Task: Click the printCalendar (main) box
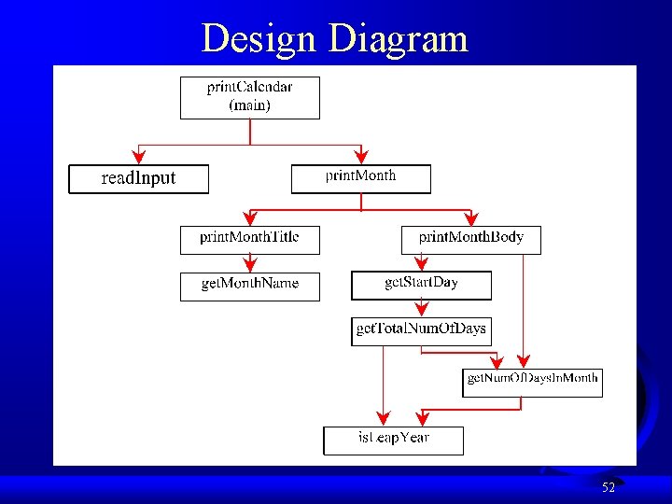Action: (x=249, y=97)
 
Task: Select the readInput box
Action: (x=138, y=178)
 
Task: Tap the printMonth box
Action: (x=361, y=178)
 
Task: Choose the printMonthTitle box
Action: (x=249, y=240)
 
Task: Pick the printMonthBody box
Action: (x=470, y=240)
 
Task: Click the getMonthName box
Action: (x=249, y=286)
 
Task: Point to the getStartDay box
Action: (x=421, y=285)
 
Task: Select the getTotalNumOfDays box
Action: (x=420, y=330)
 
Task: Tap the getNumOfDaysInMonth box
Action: (x=532, y=382)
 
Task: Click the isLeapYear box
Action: (x=393, y=440)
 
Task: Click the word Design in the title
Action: (x=259, y=39)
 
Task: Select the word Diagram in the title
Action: (x=399, y=39)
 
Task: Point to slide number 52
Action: (x=609, y=487)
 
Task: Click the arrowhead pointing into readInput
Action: (x=139, y=158)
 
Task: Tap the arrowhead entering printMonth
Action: (x=361, y=158)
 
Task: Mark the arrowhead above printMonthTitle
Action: (x=249, y=219)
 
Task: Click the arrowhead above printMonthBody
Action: (x=470, y=219)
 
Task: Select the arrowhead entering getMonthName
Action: (x=249, y=266)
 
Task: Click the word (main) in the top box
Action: (x=249, y=105)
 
